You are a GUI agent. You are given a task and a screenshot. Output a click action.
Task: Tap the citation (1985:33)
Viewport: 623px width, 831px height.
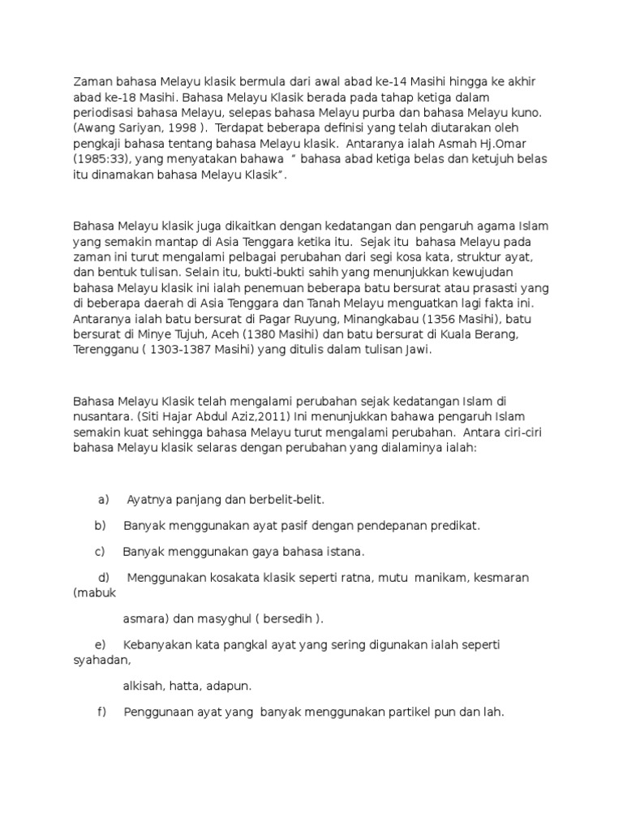(x=101, y=159)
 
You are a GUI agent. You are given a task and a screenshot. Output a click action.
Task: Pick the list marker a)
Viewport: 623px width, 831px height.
(x=103, y=499)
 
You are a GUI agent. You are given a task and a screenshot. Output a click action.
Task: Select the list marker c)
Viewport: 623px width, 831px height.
(x=101, y=552)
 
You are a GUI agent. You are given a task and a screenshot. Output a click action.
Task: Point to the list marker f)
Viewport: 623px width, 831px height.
(x=102, y=713)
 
